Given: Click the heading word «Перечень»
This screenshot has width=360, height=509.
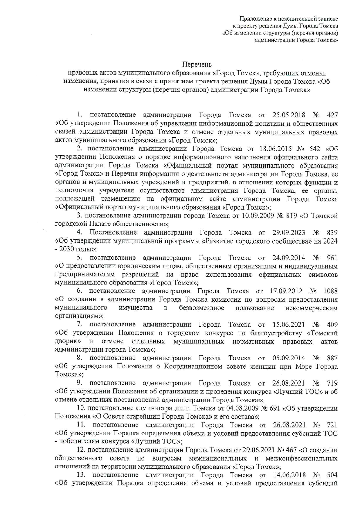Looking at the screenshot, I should (197, 64).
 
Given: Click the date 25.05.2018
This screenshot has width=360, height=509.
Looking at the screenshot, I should (288, 115).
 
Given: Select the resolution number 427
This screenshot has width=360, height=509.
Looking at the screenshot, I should (332, 115).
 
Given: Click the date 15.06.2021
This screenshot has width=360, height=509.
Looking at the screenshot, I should (289, 325).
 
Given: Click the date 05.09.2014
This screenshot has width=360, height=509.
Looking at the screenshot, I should (289, 358).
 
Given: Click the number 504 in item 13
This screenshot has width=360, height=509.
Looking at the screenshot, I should (332, 475).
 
